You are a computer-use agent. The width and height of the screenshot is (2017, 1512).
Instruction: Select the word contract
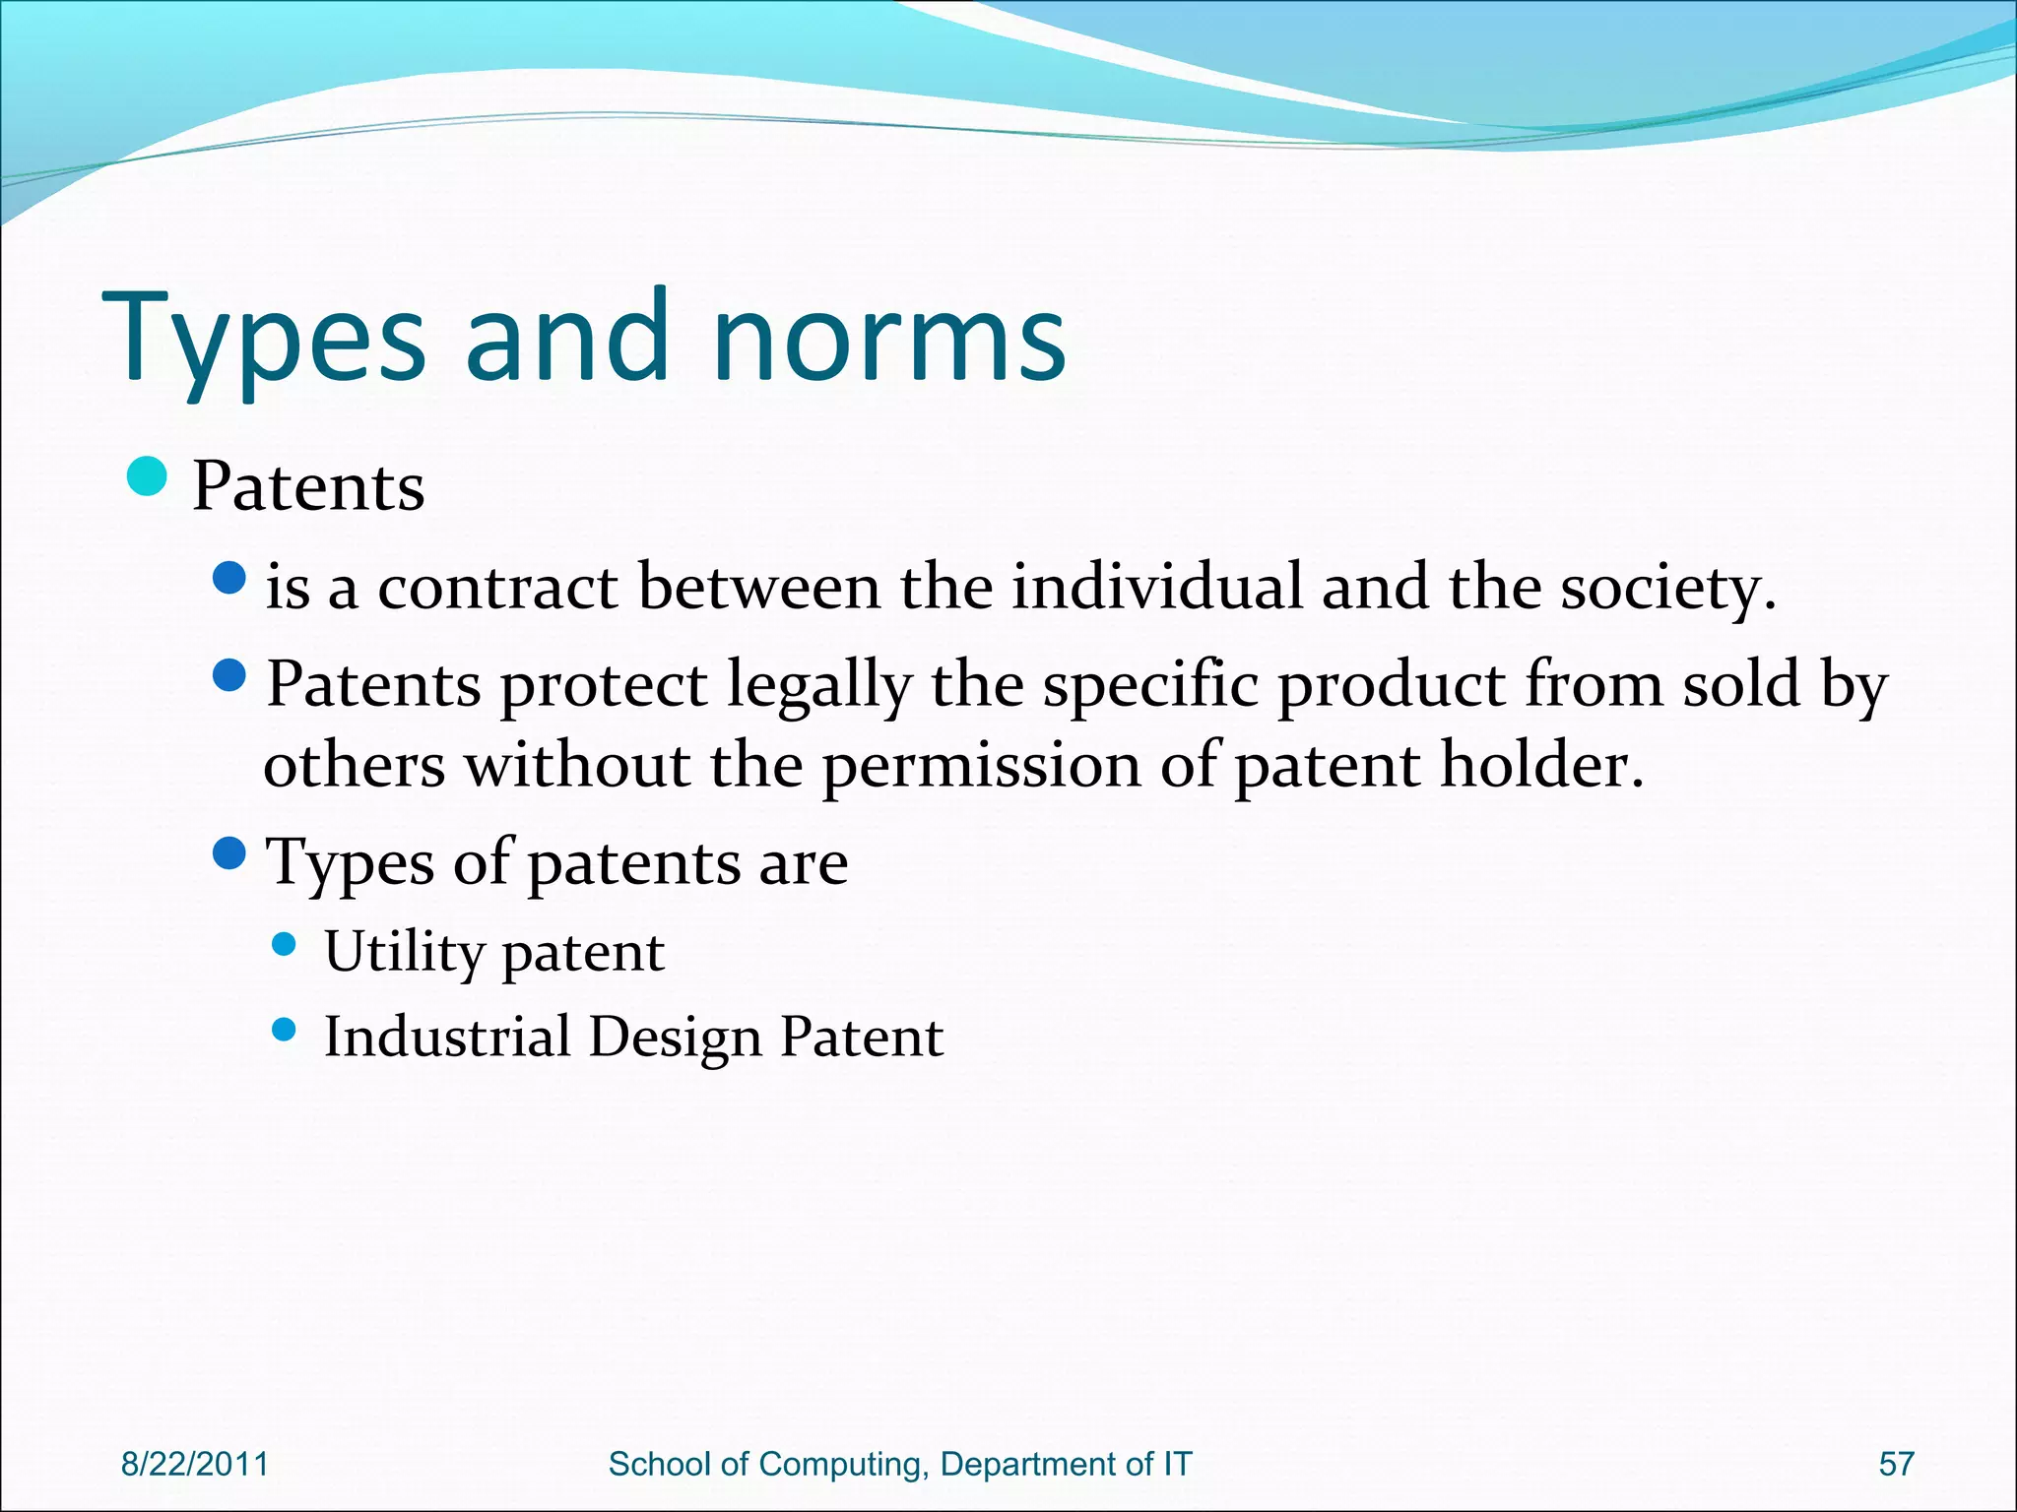pyautogui.click(x=497, y=588)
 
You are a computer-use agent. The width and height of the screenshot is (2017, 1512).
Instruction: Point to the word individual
pyautogui.click(x=1157, y=588)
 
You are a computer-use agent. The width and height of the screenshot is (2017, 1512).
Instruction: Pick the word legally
pyautogui.click(x=819, y=686)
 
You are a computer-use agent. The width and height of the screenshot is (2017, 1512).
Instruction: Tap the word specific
pyautogui.click(x=1150, y=686)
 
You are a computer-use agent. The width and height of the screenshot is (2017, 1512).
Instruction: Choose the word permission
pyautogui.click(x=980, y=766)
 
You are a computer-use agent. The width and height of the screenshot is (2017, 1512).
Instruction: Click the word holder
pyautogui.click(x=1541, y=766)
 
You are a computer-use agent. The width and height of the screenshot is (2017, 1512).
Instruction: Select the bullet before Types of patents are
pyautogui.click(x=228, y=852)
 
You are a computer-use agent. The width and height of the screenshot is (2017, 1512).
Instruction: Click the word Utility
pyautogui.click(x=405, y=952)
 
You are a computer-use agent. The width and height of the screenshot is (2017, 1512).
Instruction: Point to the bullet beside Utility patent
pyautogui.click(x=284, y=945)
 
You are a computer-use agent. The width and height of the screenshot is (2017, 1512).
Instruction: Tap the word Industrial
pyautogui.click(x=448, y=1037)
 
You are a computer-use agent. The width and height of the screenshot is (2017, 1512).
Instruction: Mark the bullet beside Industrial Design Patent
pyautogui.click(x=284, y=1031)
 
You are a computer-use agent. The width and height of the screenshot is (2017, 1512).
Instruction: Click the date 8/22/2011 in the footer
pyautogui.click(x=194, y=1464)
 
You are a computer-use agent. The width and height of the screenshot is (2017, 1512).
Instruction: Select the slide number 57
pyautogui.click(x=1896, y=1464)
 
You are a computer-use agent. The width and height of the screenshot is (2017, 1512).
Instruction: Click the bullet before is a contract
pyautogui.click(x=228, y=578)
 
